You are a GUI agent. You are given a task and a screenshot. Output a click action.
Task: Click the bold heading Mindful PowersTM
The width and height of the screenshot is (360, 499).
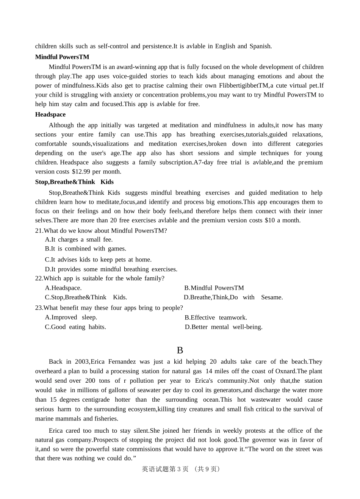pos(62,57)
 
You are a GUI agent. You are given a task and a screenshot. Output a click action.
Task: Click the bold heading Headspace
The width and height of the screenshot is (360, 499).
pos(50,114)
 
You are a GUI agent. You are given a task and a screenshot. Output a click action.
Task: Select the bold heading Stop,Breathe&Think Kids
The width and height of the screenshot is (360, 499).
pos(74,182)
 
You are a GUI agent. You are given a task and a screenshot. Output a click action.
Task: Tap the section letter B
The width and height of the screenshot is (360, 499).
pos(180,350)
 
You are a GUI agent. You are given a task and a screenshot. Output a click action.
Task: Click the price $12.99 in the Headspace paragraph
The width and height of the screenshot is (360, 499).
pos(81,172)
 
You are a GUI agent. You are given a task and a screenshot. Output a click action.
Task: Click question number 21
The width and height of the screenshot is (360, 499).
pos(39,231)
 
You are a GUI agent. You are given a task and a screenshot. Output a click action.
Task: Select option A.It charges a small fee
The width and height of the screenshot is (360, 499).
pos(79,239)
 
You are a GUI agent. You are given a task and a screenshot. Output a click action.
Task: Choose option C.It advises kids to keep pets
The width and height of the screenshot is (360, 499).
pos(98,260)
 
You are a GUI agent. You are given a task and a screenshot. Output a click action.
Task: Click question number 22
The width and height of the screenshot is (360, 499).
pos(39,278)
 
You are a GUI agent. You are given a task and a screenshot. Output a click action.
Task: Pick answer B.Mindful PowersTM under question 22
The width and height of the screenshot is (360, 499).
pos(214,288)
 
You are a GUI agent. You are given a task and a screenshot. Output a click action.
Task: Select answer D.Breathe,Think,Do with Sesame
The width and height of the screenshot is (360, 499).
pos(233,297)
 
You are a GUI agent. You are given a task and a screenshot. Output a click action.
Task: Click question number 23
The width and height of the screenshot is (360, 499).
pos(39,308)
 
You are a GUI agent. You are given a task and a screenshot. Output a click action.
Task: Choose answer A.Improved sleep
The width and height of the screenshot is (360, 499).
pos(71,318)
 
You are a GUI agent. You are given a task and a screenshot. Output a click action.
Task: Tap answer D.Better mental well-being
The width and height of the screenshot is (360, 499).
pos(224,327)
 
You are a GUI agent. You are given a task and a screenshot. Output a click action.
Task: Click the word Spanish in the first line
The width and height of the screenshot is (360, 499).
pos(260,46)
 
